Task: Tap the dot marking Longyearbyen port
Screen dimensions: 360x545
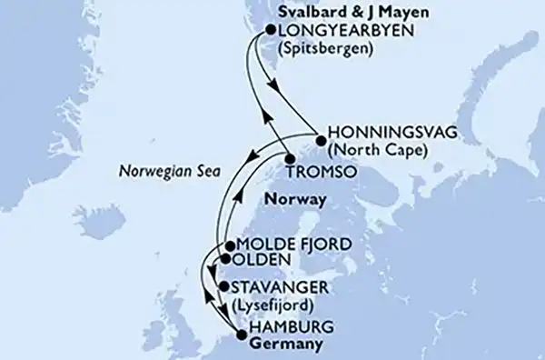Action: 270,31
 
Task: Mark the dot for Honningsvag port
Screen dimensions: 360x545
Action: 321,139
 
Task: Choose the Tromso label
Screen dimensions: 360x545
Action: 325,170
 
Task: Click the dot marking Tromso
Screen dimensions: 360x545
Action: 290,160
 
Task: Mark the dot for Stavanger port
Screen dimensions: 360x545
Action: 224,287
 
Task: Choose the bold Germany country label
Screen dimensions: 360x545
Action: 284,344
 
